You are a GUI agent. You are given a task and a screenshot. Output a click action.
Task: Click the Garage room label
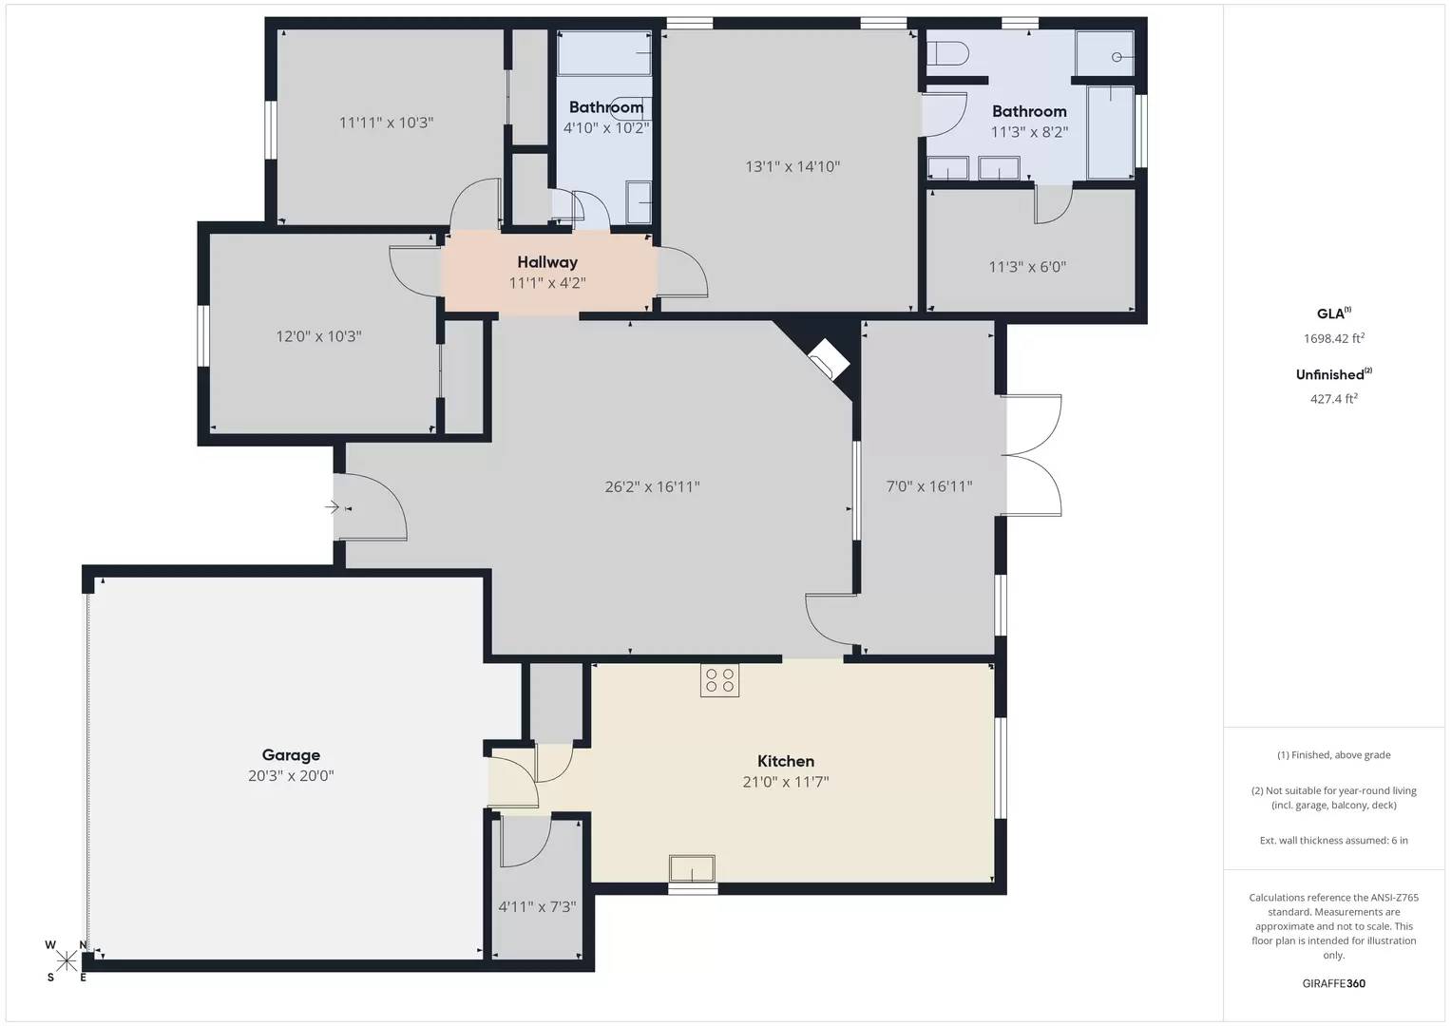[x=291, y=755]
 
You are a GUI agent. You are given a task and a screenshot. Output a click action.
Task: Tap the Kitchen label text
[x=786, y=761]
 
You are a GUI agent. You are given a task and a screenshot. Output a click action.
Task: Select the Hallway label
[x=547, y=262]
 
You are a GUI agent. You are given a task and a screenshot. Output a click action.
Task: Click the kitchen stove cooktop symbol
[x=719, y=680]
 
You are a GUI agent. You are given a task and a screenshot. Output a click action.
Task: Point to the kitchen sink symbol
[x=692, y=868]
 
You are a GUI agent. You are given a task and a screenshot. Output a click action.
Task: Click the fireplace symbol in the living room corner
[x=828, y=360]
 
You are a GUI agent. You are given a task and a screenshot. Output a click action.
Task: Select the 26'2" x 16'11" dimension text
[x=652, y=487]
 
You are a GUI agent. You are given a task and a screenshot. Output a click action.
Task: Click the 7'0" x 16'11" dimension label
[x=928, y=487]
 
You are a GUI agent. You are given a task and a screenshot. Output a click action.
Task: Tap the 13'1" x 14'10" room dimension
[x=792, y=167]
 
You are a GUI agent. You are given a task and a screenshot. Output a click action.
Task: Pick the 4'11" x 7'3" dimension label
[x=537, y=907]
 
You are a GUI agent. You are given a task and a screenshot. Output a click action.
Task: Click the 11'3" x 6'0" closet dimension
[x=1027, y=267]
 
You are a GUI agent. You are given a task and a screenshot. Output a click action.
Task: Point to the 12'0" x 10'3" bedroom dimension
[x=318, y=336]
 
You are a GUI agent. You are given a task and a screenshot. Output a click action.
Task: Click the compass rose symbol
[x=67, y=960]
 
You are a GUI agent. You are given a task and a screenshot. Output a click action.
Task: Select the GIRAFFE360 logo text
[x=1333, y=983]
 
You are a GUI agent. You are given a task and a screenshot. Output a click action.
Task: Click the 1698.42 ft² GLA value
[x=1333, y=338]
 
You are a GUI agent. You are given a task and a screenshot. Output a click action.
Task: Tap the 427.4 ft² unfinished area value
[x=1333, y=399]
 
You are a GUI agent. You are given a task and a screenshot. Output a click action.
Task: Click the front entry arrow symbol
[x=332, y=507]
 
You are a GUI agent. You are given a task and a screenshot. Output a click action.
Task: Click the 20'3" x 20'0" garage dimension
[x=291, y=776]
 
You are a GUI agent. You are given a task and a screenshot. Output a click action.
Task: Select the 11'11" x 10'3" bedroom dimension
[x=386, y=123]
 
